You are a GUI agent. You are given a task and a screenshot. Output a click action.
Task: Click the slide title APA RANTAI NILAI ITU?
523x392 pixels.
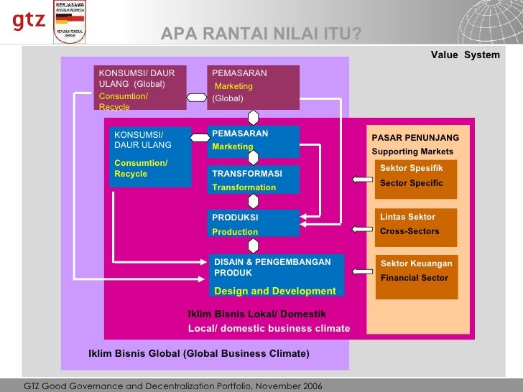pyautogui.click(x=261, y=34)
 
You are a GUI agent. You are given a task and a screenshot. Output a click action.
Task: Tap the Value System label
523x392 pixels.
pyautogui.click(x=465, y=55)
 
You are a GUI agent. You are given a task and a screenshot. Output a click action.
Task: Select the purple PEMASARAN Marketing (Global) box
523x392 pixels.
pyautogui.click(x=253, y=86)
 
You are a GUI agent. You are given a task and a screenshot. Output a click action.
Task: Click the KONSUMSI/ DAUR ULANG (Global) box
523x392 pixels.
pyautogui.click(x=141, y=88)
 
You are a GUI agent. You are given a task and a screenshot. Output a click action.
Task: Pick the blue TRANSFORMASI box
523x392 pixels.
pyautogui.click(x=254, y=180)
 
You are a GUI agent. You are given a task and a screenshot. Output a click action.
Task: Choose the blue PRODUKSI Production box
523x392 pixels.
pyautogui.click(x=254, y=223)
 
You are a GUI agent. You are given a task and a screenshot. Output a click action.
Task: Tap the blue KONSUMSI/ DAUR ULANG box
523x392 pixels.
pyautogui.click(x=149, y=157)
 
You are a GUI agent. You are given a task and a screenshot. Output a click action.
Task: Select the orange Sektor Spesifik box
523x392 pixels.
pyautogui.click(x=416, y=179)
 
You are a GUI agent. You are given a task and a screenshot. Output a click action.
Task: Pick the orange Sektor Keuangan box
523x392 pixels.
pyautogui.click(x=416, y=277)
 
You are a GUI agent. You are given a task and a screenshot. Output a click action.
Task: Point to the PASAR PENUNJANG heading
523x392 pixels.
pyautogui.click(x=415, y=138)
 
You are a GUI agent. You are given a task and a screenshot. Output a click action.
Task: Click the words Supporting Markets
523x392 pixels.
pyautogui.click(x=412, y=151)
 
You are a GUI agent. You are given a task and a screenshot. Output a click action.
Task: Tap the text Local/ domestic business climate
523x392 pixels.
pyautogui.click(x=269, y=329)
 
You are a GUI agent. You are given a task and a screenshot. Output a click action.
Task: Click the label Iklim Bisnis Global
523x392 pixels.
pyautogui.click(x=134, y=354)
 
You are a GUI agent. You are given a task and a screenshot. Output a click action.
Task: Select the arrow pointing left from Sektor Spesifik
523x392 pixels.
pyautogui.click(x=360, y=179)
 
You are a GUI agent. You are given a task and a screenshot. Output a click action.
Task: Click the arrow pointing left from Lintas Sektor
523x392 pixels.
pyautogui.click(x=360, y=229)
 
